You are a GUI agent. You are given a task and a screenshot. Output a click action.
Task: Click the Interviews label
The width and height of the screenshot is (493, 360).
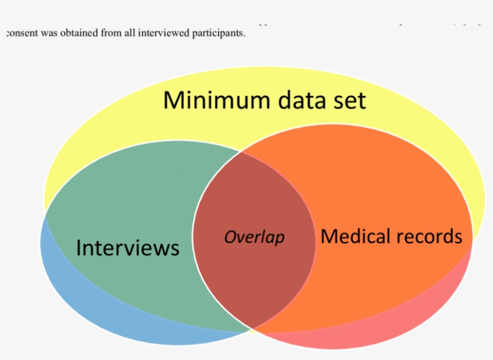tap(127, 248)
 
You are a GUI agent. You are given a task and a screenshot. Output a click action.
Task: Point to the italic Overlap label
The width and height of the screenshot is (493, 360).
tap(254, 237)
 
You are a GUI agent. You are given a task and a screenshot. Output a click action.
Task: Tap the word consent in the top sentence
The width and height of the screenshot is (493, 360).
tap(21, 34)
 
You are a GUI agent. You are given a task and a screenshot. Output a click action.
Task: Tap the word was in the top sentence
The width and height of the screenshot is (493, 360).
tap(48, 34)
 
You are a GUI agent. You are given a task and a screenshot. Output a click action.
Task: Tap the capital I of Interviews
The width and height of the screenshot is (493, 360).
tap(79, 248)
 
